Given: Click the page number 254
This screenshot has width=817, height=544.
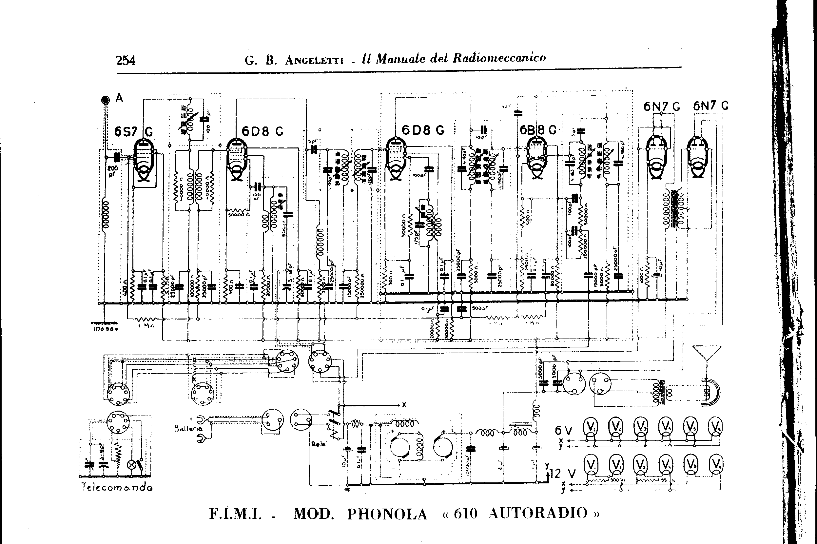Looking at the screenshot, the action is click(126, 61).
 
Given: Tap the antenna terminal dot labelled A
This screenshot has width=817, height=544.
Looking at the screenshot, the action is click(105, 100).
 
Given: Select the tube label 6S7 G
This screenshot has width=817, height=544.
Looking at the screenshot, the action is click(133, 132).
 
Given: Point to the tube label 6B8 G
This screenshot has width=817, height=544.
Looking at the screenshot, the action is click(537, 130).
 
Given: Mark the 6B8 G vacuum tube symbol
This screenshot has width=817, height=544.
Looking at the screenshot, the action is click(536, 158).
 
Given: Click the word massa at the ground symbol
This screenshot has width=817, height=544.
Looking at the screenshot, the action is click(106, 329).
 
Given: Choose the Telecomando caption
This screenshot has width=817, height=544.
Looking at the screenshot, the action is click(117, 487).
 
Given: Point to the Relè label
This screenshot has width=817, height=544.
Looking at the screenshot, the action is click(319, 444).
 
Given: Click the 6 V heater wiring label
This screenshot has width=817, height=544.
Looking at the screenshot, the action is click(563, 431).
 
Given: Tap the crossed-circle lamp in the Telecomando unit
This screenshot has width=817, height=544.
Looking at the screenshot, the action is click(132, 465).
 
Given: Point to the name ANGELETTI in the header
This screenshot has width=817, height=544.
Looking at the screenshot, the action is click(314, 61).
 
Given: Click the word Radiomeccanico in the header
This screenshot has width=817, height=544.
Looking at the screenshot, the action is click(499, 58).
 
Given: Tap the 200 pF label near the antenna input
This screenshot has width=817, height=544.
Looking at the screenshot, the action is click(113, 171).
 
